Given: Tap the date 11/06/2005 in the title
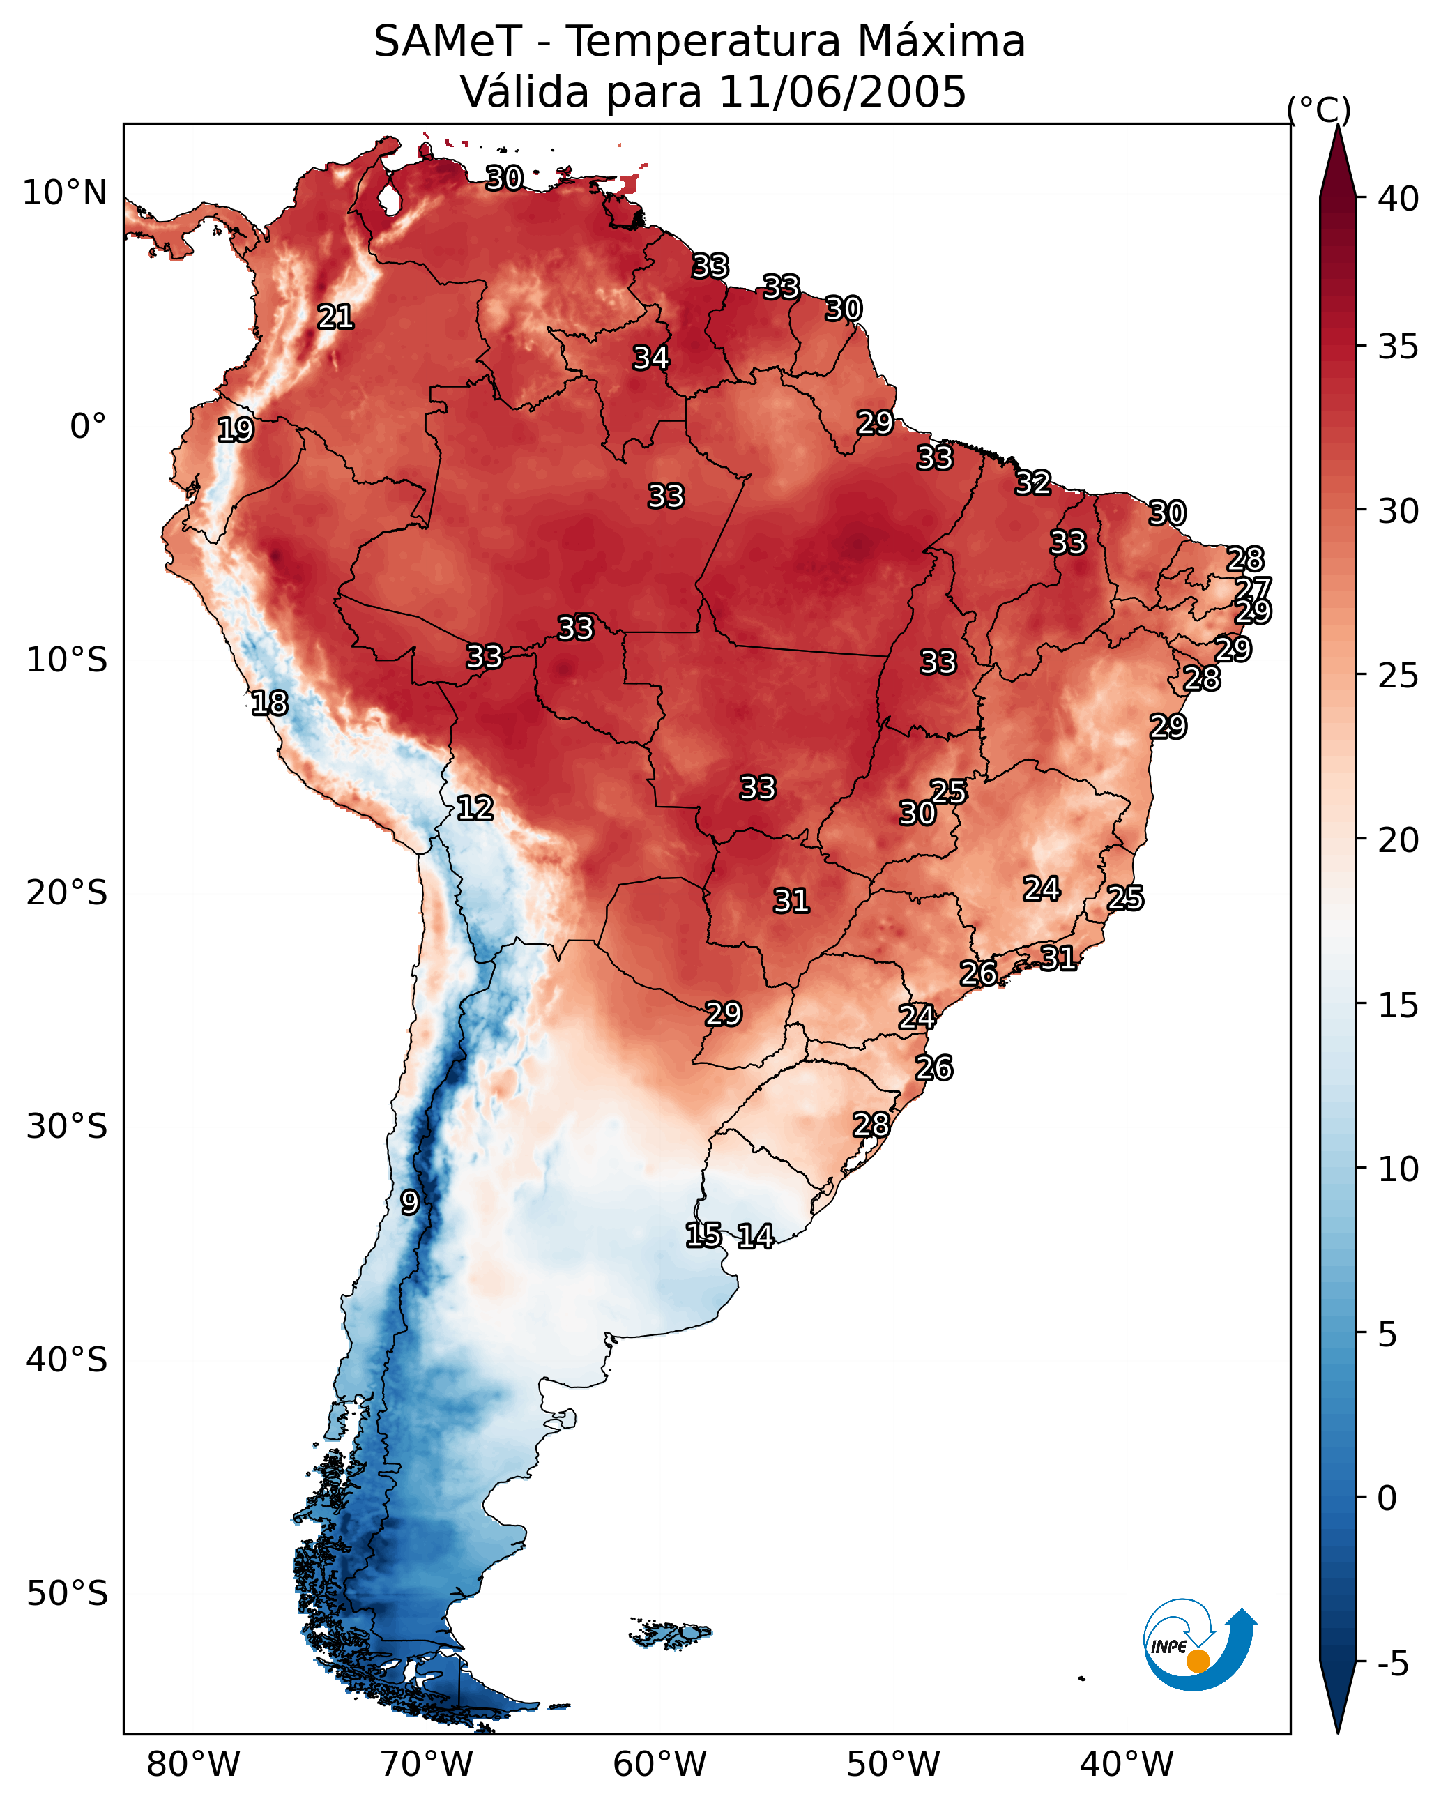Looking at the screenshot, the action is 842,91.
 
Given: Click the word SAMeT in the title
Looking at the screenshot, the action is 448,41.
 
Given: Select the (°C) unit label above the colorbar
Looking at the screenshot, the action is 1319,109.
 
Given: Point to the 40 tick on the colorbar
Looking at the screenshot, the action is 1398,199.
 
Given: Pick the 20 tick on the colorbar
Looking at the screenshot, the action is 1398,840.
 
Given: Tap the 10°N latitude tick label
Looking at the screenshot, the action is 66,193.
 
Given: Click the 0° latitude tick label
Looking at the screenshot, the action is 89,427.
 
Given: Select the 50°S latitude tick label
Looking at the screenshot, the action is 67,1594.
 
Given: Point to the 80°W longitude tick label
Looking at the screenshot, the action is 193,1765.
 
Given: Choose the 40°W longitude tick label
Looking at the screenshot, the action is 1127,1765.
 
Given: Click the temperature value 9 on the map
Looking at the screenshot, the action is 410,1203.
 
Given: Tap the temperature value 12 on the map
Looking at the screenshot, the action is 475,808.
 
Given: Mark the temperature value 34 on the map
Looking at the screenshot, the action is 650,358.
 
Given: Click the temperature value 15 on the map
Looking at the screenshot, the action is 703,1234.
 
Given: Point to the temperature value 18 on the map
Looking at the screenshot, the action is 269,703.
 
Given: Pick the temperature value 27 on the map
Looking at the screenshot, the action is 1253,588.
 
